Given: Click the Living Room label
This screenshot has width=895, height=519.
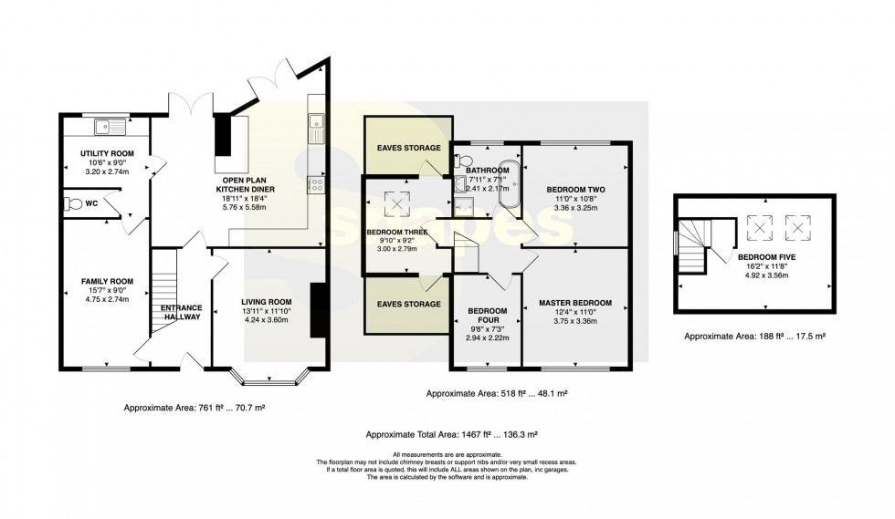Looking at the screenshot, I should (x=266, y=302).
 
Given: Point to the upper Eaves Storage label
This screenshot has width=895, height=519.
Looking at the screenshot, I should (x=409, y=148).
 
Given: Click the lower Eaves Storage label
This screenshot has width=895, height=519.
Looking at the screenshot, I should (x=409, y=305).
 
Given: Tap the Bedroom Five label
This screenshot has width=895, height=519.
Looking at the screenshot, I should (x=766, y=258).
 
